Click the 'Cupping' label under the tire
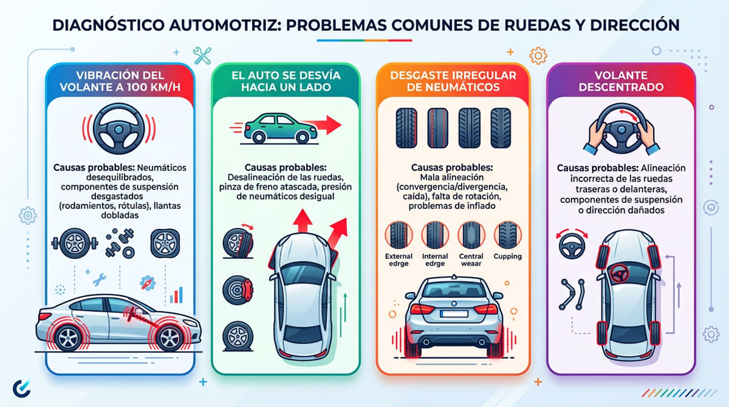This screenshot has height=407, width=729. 507,256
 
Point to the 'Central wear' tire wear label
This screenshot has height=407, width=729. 471,260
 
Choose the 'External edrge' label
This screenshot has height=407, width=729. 399,260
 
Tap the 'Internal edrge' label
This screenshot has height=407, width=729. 435,260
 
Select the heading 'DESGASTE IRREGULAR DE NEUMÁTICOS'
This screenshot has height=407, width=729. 453,81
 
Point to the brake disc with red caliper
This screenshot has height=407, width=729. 235,288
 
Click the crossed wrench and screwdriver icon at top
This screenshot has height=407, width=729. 201,55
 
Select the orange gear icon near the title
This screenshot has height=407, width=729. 538,56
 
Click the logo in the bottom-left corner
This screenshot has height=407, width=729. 22,387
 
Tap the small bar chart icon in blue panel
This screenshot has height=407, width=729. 177,295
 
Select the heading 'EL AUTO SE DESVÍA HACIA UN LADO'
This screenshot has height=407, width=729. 286,81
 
